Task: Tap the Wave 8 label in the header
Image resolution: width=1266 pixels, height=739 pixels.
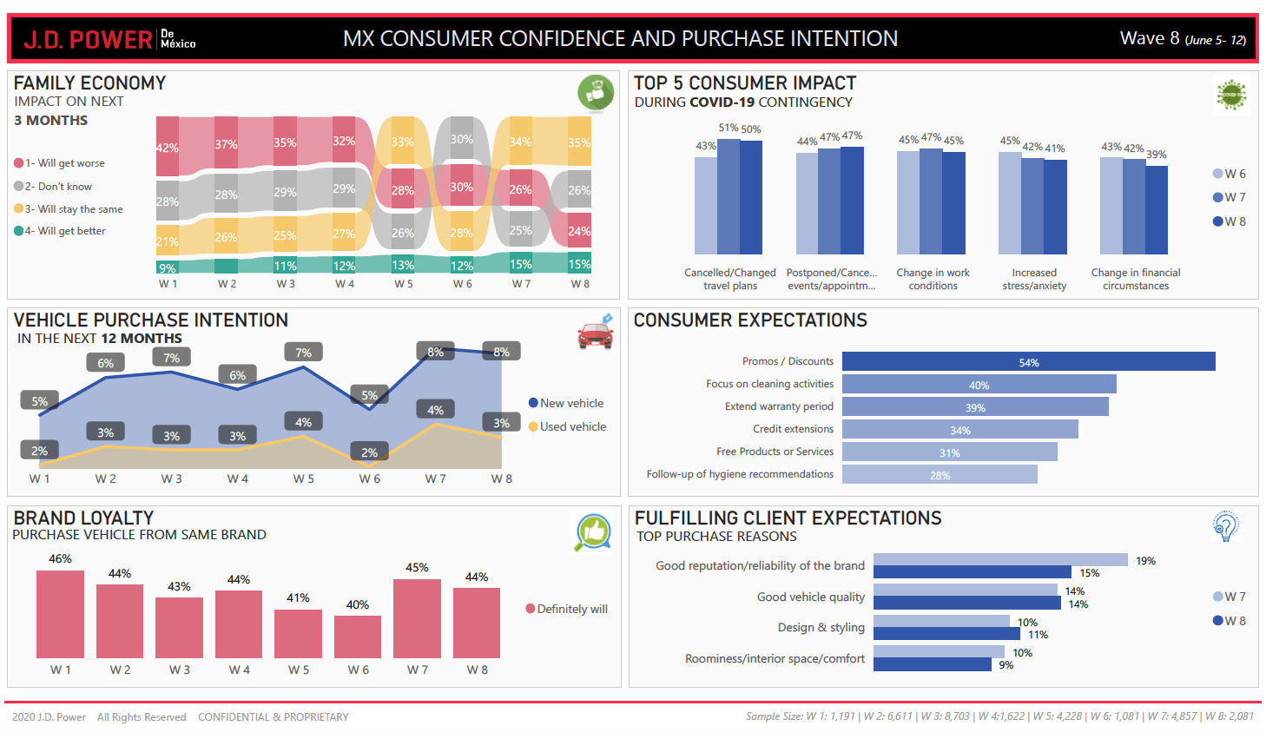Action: click(1182, 39)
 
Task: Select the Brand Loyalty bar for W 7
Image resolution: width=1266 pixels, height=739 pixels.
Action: click(417, 618)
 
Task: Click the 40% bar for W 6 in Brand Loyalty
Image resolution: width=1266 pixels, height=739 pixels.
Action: click(358, 637)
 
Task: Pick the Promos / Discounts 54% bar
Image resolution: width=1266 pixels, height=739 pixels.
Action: click(1028, 362)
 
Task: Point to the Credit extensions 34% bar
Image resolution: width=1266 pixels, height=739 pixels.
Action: click(959, 430)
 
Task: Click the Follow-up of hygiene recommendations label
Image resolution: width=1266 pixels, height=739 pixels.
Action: click(740, 474)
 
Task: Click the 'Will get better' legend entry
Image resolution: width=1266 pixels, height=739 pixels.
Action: click(61, 231)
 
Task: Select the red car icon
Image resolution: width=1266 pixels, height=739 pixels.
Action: click(596, 333)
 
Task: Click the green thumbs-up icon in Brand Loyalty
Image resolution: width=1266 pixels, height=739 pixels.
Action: click(593, 531)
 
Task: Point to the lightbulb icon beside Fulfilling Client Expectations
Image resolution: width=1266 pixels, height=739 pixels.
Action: click(1225, 525)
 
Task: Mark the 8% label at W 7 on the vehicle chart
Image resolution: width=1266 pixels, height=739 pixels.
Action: click(435, 352)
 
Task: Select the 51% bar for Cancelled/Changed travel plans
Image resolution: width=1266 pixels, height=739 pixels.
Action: click(729, 196)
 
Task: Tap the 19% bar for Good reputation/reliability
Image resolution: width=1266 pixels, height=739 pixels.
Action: click(999, 560)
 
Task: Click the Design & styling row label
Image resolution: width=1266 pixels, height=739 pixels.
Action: click(821, 628)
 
